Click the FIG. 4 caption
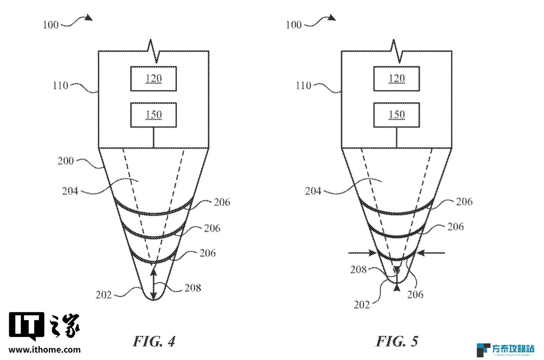(x=154, y=341)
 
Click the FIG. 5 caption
(x=397, y=341)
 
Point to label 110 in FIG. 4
(x=60, y=85)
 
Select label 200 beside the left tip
(x=65, y=161)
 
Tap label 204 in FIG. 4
(x=70, y=191)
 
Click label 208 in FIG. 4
(x=193, y=288)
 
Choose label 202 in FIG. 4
(x=103, y=295)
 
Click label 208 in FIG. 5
(x=358, y=270)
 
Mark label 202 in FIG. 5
(x=362, y=305)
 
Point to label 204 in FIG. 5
(x=313, y=191)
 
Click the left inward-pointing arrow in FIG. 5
(x=362, y=253)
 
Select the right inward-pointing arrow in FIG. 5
(x=431, y=253)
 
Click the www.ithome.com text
(x=45, y=350)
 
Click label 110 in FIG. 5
(x=303, y=85)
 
